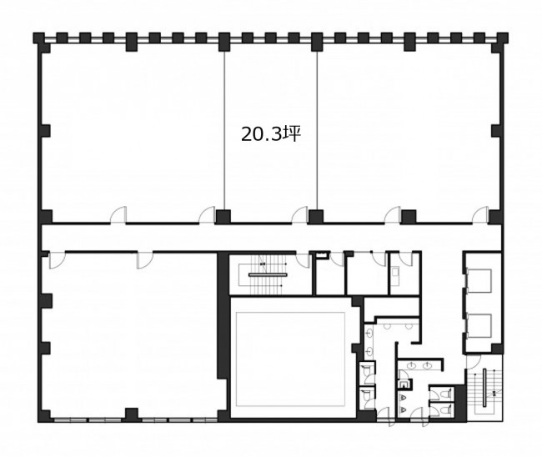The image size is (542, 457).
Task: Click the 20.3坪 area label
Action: point(270,134)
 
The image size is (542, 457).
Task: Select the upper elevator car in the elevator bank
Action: point(479,280)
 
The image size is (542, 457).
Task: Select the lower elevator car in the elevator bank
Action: point(479,325)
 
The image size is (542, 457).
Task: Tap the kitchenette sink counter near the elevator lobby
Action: point(394,273)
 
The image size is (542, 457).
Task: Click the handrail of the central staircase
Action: point(267,275)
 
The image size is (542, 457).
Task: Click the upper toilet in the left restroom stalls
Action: point(366,370)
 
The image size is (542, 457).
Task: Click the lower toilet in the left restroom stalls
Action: point(366,394)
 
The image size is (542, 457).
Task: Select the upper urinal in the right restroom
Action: point(403,398)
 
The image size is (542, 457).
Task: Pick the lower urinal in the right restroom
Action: point(403,409)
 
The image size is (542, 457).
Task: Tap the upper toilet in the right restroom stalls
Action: point(446,394)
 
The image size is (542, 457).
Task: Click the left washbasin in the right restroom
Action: point(413,365)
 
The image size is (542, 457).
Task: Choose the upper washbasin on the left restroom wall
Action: point(369,334)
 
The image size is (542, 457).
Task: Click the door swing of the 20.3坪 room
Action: point(300,215)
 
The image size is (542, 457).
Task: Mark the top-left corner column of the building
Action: point(38,38)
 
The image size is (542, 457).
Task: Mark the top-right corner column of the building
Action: point(503,38)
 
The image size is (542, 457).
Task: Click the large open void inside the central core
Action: point(290,359)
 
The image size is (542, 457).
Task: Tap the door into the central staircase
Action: point(304,259)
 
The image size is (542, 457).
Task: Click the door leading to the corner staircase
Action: point(474,362)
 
